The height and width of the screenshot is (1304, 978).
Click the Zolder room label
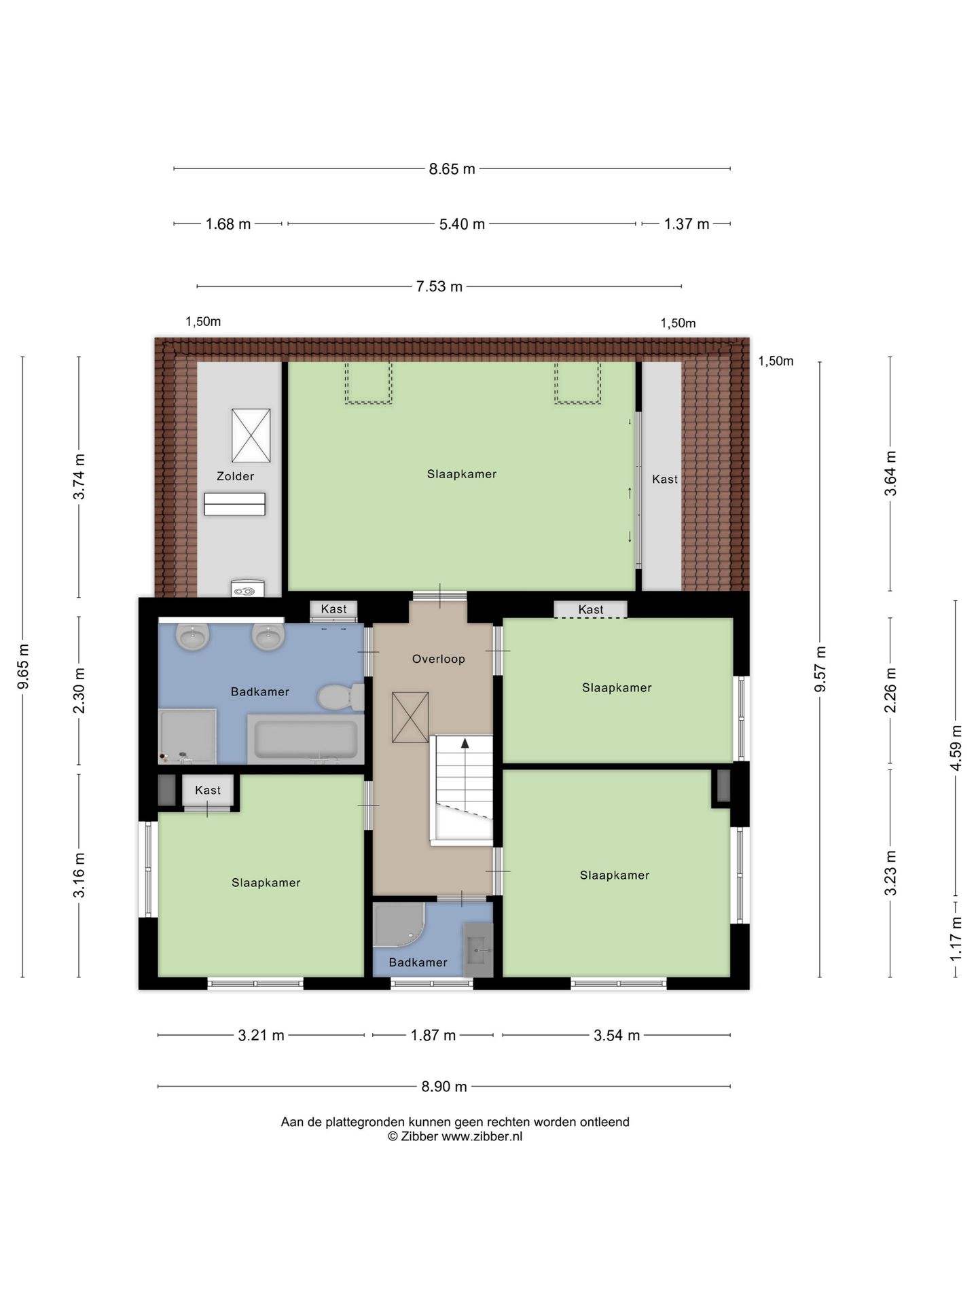(x=235, y=476)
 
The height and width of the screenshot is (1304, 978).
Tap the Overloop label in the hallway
(x=438, y=659)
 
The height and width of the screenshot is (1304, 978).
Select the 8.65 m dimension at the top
(x=452, y=169)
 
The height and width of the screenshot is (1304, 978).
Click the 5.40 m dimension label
(x=462, y=223)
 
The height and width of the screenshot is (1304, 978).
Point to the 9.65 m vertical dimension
(x=23, y=666)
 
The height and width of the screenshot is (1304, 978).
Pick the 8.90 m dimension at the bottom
(x=444, y=1086)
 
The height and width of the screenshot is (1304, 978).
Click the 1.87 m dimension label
(x=433, y=1035)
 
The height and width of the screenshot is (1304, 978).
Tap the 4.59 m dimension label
(x=956, y=747)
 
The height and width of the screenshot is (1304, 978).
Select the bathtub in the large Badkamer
(x=306, y=739)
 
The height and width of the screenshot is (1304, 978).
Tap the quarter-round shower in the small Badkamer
(x=399, y=924)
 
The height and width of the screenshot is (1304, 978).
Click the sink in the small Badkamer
(x=478, y=949)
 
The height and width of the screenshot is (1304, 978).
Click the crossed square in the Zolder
(x=251, y=435)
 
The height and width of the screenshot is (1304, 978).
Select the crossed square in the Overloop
(x=410, y=717)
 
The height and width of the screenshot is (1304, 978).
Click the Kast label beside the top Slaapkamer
(x=664, y=479)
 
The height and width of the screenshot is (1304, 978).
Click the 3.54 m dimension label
(x=617, y=1035)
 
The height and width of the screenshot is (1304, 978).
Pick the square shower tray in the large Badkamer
(x=187, y=736)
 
